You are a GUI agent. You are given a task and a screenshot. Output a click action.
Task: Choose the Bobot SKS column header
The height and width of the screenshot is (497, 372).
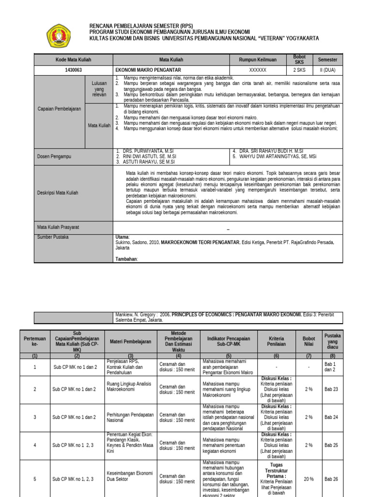300,60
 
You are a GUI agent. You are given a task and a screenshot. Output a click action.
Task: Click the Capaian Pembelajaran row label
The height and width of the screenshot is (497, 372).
60,109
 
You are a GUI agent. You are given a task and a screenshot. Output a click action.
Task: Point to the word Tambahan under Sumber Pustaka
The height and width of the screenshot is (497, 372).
126,259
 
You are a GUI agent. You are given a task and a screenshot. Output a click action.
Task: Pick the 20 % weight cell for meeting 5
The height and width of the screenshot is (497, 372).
308,479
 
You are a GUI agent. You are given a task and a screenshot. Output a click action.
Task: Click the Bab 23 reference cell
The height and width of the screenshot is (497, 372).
332,389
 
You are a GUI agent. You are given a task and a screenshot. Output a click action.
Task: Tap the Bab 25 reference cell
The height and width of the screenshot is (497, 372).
332,445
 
